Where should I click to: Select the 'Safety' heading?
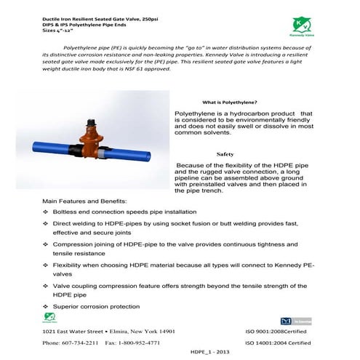coord(225,154)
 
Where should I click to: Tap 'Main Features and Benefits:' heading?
coord(84,200)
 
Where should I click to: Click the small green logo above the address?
coord(49,317)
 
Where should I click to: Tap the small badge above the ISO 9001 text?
coord(292,319)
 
